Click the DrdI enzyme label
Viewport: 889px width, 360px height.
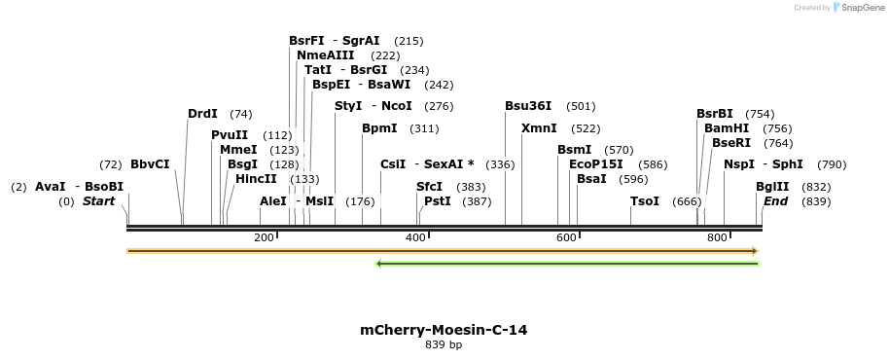click(x=202, y=114)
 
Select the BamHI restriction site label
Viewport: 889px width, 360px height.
click(x=727, y=128)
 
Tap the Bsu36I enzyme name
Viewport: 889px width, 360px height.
click(x=528, y=106)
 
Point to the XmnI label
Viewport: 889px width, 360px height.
click(x=539, y=128)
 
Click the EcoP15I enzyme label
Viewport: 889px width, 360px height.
click(x=596, y=164)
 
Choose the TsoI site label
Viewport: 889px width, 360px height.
click(x=645, y=201)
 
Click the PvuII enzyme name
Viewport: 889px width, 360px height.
click(x=230, y=135)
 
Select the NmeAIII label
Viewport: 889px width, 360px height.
click(x=326, y=55)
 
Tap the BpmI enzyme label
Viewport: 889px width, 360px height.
click(x=379, y=128)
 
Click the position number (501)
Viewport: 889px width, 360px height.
click(x=581, y=106)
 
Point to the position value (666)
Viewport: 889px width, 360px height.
click(x=687, y=201)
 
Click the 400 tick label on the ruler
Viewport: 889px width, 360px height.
click(x=415, y=238)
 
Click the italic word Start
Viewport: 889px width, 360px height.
click(x=98, y=201)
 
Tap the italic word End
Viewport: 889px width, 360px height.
click(x=775, y=201)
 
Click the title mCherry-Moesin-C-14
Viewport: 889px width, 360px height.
click(x=444, y=330)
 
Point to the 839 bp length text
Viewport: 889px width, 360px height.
click(x=444, y=344)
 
